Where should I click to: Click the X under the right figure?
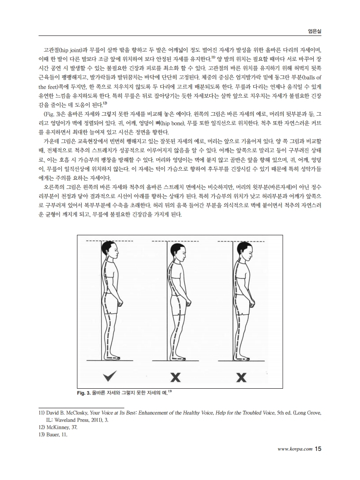pyautogui.click(x=241, y=376)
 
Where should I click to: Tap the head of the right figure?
pyautogui.click(x=242, y=251)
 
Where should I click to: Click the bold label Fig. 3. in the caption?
pyautogui.click(x=83, y=392)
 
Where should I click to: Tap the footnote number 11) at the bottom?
pyautogui.click(x=41, y=413)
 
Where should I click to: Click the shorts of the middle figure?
pyautogui.click(x=176, y=303)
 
